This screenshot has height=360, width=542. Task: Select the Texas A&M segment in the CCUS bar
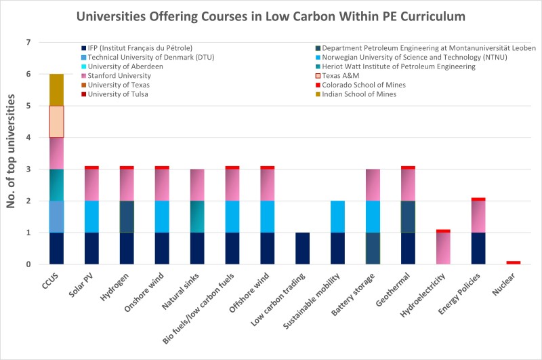click(56, 122)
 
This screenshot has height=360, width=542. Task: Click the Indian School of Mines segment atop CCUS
click(56, 89)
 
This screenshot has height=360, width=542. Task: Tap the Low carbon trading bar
click(303, 248)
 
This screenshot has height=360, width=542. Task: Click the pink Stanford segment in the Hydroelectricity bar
click(444, 248)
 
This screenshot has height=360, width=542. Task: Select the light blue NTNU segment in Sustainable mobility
click(338, 217)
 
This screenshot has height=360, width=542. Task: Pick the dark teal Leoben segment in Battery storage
click(373, 248)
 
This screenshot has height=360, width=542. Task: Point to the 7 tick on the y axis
click(28, 43)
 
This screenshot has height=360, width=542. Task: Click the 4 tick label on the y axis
click(28, 138)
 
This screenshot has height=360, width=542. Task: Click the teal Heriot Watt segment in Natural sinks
click(197, 217)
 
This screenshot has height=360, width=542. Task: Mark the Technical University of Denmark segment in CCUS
click(56, 217)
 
